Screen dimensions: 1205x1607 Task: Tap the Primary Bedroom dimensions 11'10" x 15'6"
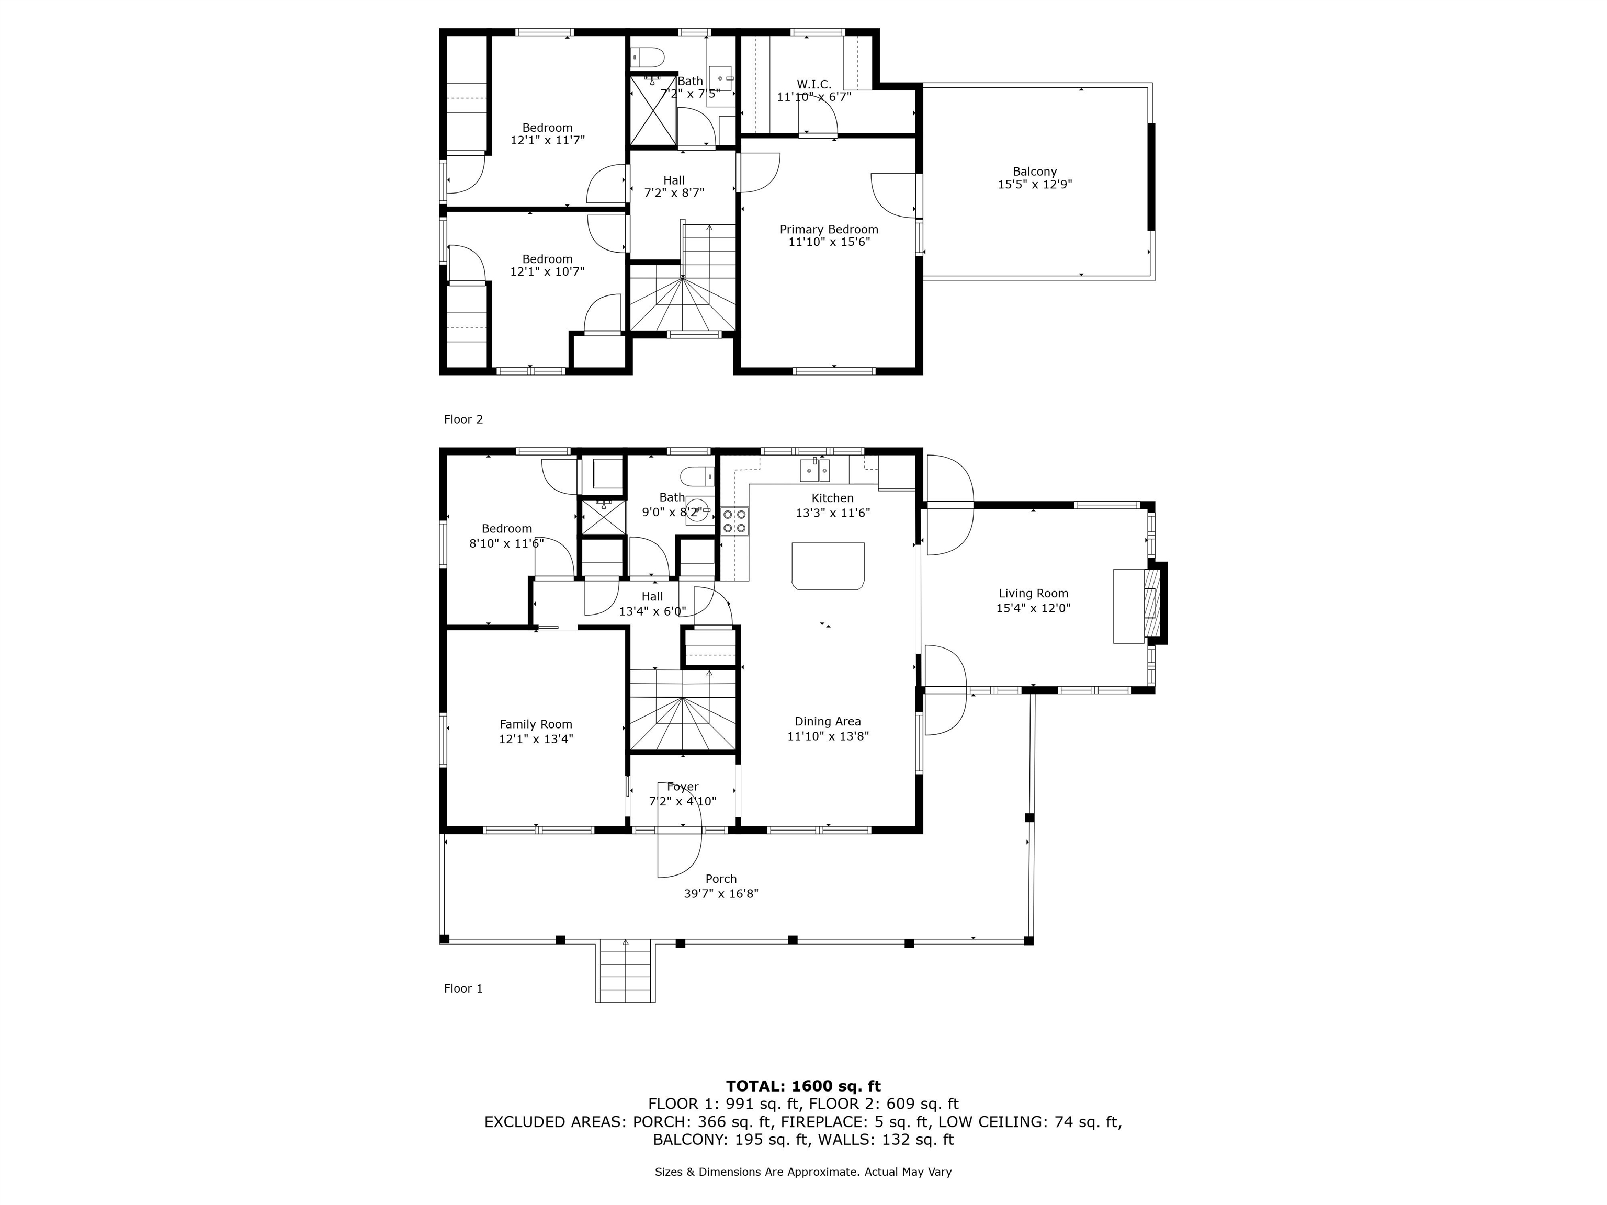pos(829,242)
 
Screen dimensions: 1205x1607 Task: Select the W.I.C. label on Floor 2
pos(813,84)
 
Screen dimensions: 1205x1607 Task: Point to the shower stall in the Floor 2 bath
pos(652,110)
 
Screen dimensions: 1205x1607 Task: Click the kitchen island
pos(828,566)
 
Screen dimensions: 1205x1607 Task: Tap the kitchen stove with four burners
pos(734,521)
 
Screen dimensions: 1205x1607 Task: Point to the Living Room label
pos(1033,594)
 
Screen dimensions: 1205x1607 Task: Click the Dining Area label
pos(828,721)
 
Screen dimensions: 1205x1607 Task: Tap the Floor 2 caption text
pos(463,419)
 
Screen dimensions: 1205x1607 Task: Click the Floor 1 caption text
pos(463,988)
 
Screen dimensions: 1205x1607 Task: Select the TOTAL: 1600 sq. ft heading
pos(803,1086)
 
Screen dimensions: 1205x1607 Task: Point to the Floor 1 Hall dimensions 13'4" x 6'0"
pos(652,611)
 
